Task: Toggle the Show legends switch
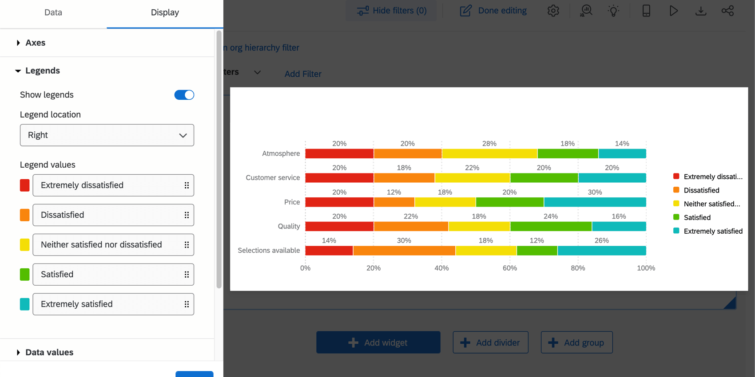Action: point(184,95)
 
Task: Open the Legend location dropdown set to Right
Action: point(107,135)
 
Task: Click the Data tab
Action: point(53,12)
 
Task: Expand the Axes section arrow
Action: point(18,43)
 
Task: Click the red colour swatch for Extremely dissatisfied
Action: point(25,185)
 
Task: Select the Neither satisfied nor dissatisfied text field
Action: point(107,245)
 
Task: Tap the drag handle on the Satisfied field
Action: point(187,275)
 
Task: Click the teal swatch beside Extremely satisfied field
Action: point(25,304)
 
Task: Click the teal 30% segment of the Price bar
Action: point(595,202)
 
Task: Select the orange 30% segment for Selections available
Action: point(404,251)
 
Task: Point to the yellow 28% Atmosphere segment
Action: point(489,154)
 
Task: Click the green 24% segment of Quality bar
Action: point(551,227)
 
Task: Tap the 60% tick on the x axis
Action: point(510,268)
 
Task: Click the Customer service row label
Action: point(273,178)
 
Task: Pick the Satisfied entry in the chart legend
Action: point(697,217)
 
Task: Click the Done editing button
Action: point(493,11)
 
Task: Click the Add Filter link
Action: point(303,74)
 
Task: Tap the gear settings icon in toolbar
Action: point(553,11)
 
